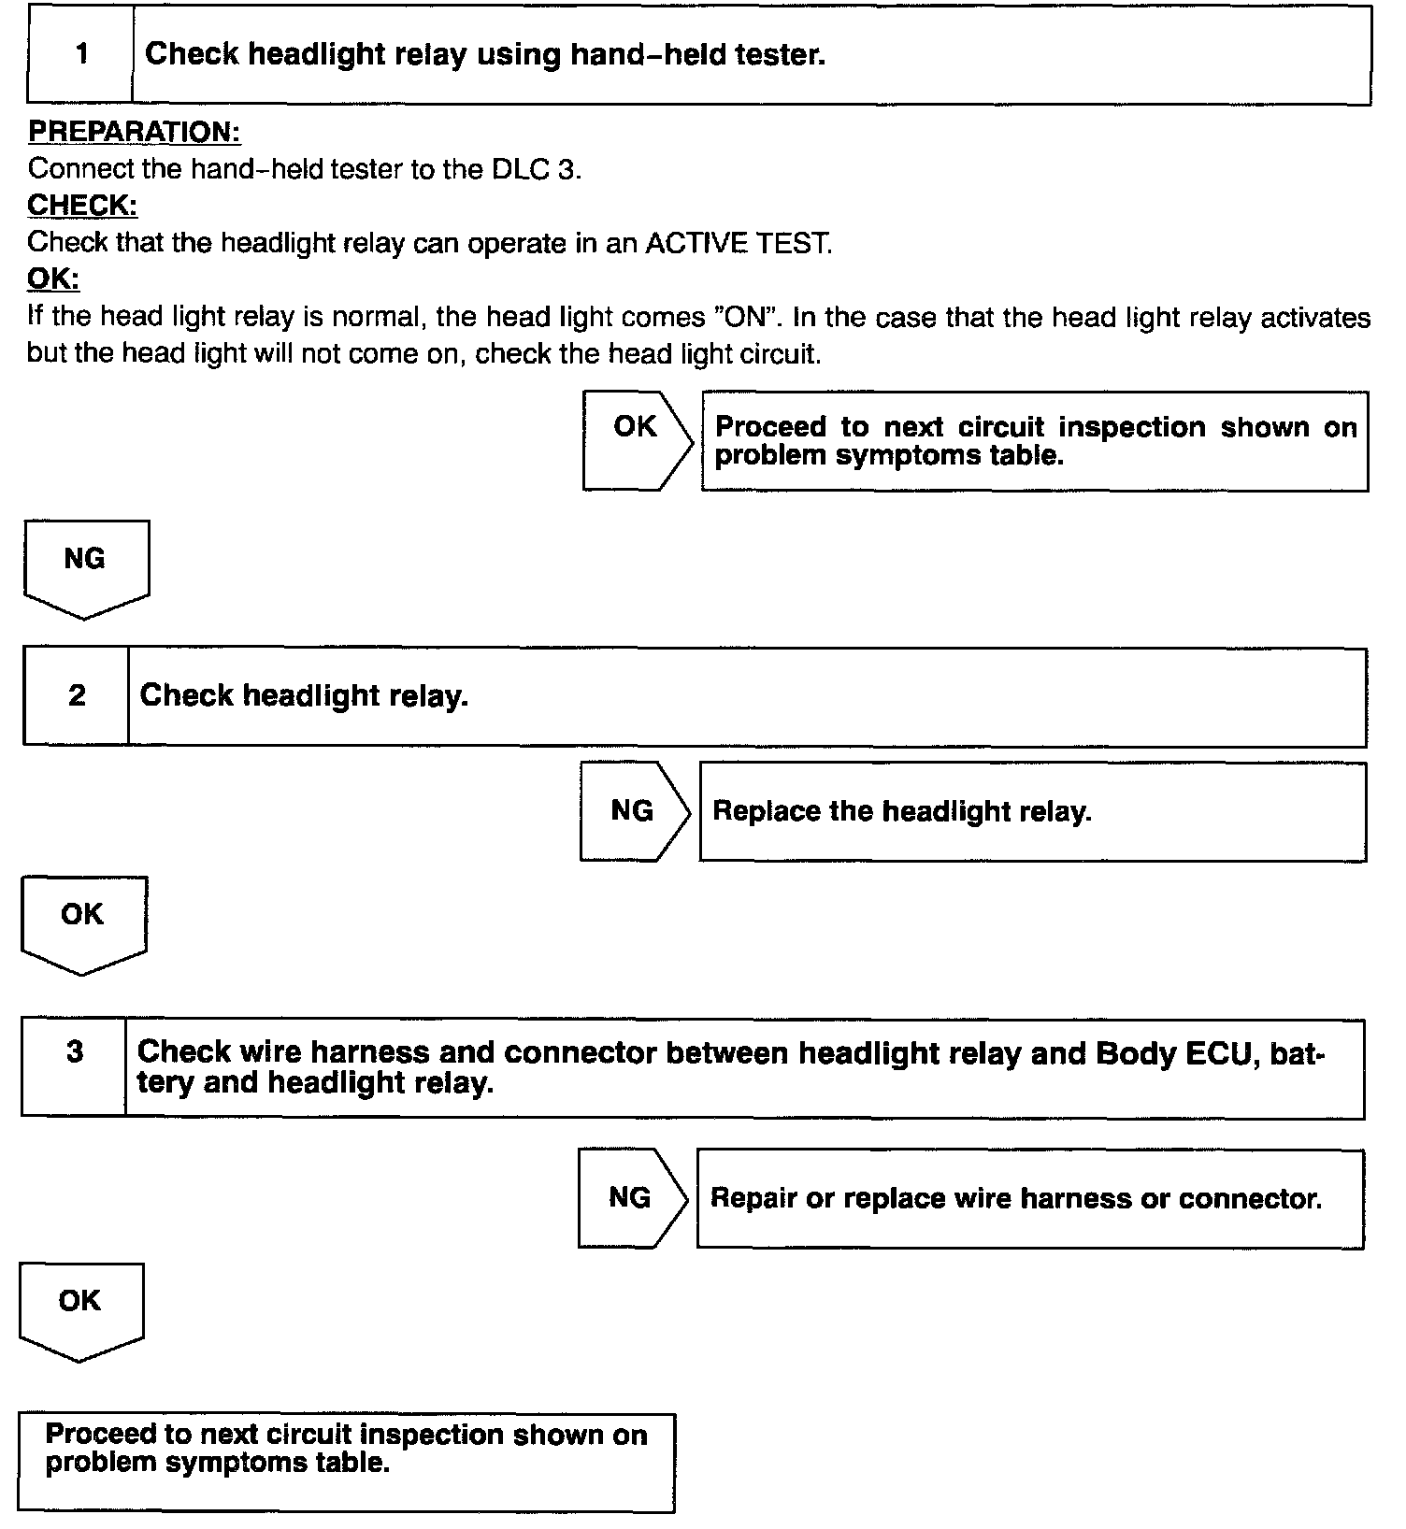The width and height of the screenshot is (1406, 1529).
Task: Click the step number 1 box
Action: point(81,54)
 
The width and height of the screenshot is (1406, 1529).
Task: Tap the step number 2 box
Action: point(77,695)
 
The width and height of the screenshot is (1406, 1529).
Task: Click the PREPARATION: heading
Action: point(135,132)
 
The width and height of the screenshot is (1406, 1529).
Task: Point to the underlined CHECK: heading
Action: point(82,205)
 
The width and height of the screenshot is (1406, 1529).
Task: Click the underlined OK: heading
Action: point(53,279)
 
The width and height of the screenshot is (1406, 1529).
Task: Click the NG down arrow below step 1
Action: point(85,567)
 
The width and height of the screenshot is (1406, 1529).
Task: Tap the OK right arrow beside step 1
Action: point(637,439)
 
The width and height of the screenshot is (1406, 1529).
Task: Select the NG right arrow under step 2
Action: point(633,810)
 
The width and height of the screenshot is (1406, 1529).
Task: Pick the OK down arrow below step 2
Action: point(82,922)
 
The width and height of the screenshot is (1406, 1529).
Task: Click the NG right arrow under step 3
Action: point(631,1197)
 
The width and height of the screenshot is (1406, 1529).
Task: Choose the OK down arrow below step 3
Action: point(80,1308)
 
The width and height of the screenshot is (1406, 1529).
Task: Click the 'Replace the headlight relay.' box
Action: point(1032,811)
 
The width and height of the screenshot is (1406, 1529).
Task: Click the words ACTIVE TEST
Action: point(738,243)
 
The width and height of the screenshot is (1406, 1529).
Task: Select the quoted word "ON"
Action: point(747,317)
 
